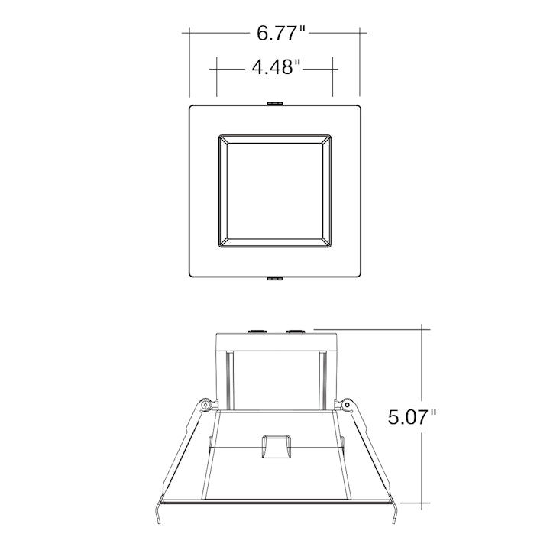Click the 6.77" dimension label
(281, 34)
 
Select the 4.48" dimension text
(277, 67)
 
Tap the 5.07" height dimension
(412, 417)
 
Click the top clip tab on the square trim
(275, 103)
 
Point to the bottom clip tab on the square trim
(275, 279)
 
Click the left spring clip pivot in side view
(205, 405)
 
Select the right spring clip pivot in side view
(347, 405)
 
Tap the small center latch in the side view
(277, 447)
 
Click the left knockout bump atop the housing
(257, 331)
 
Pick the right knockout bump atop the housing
(295, 331)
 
